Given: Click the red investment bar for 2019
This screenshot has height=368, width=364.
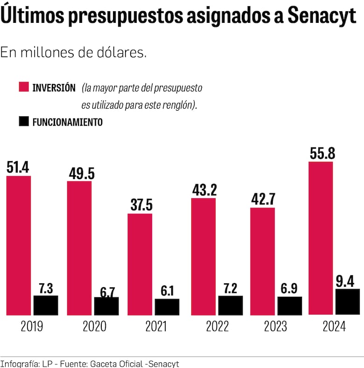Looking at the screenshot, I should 19,245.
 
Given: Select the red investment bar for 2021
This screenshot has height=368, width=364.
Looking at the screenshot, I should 140,264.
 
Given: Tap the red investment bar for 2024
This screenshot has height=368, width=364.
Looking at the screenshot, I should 321,238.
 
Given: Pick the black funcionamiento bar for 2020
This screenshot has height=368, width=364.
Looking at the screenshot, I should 106,306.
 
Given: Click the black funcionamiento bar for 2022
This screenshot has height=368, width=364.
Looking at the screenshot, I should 230,305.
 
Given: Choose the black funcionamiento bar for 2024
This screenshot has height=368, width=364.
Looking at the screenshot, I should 348,302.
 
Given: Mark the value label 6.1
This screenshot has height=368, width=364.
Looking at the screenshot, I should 167,291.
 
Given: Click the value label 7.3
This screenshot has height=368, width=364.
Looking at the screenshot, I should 46,287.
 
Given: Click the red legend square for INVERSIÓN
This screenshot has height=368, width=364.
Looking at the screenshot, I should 23,87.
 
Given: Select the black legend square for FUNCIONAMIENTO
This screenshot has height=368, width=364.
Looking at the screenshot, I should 23,122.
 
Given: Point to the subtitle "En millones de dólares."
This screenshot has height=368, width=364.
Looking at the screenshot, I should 74,53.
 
